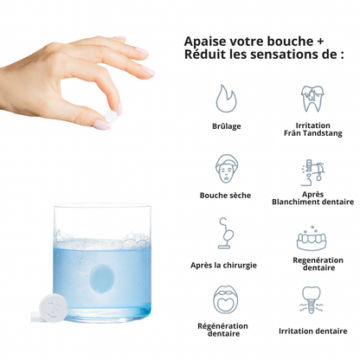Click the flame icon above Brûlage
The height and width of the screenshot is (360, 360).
tap(227, 99)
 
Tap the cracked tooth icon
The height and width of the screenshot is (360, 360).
tap(312, 99)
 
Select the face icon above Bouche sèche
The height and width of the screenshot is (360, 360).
tap(227, 169)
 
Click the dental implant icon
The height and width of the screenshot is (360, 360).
tap(312, 300)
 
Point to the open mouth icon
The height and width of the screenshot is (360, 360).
tap(225, 299)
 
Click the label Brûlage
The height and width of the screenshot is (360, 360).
tap(227, 126)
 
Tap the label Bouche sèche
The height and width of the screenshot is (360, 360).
tap(225, 196)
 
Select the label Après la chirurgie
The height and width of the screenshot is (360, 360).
tap(223, 266)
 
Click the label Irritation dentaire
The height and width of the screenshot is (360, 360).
tap(312, 331)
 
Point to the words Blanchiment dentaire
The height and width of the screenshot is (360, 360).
tap(312, 202)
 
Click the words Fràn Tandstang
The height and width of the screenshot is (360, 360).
tap(313, 133)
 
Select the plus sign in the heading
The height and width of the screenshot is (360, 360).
tap(320, 42)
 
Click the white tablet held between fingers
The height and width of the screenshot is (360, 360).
tap(111, 116)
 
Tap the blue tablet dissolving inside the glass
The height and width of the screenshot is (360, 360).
tap(101, 278)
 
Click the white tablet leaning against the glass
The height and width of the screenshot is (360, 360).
tap(54, 308)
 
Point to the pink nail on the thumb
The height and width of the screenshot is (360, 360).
tap(101, 125)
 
